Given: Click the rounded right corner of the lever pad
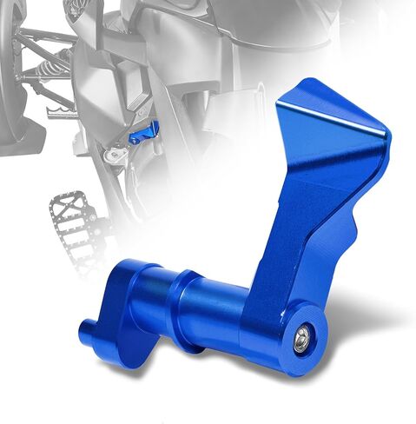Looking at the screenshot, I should (386, 139).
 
